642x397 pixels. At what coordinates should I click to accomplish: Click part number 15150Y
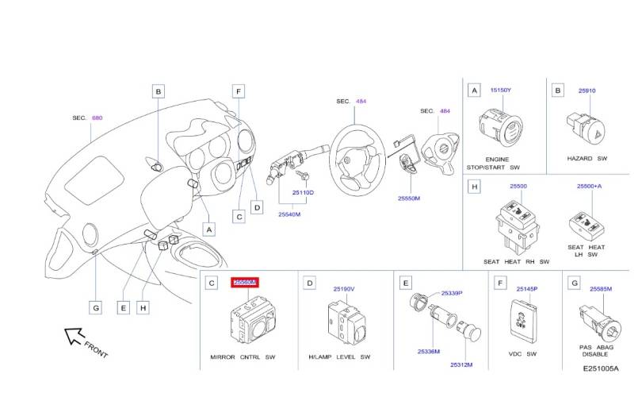coord(501,91)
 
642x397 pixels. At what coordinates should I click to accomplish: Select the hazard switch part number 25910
coord(587,91)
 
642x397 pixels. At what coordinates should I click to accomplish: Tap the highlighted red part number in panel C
coord(244,282)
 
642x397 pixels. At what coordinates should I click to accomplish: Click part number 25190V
coord(344,289)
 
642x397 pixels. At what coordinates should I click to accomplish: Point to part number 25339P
coord(452,293)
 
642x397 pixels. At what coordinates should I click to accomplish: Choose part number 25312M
coord(461,364)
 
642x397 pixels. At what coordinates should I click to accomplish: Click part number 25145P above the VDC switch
coord(526,289)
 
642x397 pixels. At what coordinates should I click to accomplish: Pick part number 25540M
coord(289,214)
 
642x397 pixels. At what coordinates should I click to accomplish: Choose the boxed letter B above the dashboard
coord(159,92)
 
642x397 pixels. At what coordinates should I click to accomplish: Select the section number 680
coord(97,118)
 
